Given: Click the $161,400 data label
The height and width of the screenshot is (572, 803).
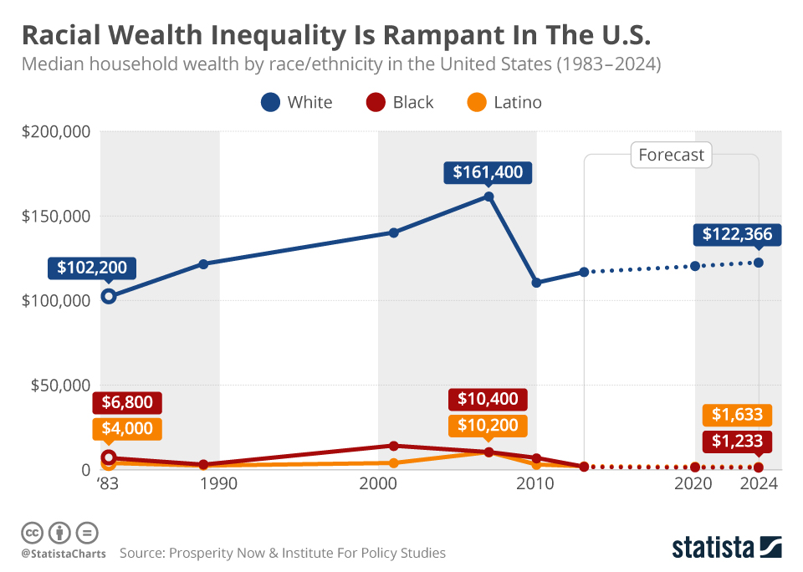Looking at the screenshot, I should point(488,173).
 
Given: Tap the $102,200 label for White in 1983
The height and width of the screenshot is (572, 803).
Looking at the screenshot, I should point(92,268).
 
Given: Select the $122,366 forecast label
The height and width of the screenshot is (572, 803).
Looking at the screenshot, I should point(737,235).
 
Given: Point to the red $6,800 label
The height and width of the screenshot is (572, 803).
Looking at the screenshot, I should point(127,402).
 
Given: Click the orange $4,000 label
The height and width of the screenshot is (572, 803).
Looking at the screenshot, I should point(127,428).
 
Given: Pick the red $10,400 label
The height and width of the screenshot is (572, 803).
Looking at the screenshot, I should point(488,400).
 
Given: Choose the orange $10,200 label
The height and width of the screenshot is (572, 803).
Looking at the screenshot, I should point(488,426).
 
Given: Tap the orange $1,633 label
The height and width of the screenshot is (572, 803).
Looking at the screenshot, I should point(737,415).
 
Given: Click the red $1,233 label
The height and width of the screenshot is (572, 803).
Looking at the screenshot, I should point(737,442).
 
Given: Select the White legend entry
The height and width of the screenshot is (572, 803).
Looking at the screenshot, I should point(297,102).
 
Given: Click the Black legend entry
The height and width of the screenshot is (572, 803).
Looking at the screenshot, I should point(400,102).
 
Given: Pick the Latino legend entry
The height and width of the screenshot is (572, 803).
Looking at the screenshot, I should point(504,102).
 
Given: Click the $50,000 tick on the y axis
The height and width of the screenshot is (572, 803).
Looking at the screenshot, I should point(58,386).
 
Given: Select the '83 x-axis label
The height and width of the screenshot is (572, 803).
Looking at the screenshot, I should point(107,484).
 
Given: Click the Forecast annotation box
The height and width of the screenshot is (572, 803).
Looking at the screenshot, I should point(671,155).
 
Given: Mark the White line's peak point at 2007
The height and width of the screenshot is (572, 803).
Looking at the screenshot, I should point(488,197).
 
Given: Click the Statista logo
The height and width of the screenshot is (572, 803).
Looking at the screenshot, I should point(727,548).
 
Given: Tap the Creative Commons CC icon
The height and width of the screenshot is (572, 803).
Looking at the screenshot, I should point(32,533).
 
